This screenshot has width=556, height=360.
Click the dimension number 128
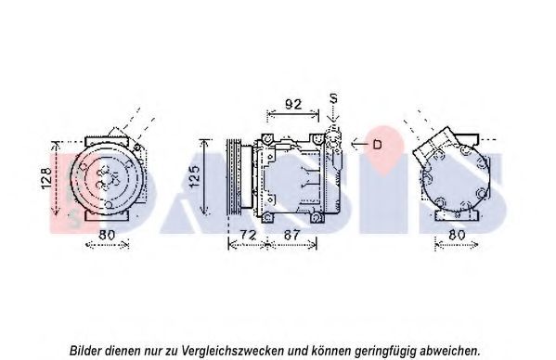coord(46,178)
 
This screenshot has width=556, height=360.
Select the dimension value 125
coord(195,176)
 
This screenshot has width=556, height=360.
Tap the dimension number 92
coord(293,104)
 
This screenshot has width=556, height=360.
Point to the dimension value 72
coord(248,235)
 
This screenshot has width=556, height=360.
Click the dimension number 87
coord(291,235)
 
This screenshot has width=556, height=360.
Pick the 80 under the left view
coord(107,235)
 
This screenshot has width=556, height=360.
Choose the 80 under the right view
coord(457,235)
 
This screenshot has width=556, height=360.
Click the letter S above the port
coord(333,98)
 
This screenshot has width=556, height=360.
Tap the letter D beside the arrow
coord(377,145)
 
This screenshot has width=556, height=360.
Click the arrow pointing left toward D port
coord(360,144)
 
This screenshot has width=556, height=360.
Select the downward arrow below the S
coord(333,114)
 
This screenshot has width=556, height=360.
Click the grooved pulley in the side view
coord(234,177)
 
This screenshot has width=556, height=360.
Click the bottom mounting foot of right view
coord(457,215)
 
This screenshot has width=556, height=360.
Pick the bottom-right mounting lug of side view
coord(317,217)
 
